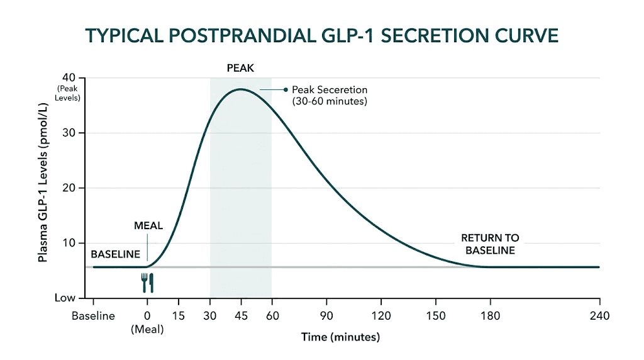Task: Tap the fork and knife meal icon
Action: pos(147,283)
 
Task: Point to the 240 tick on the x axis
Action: pos(598,316)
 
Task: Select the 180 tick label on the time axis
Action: pos(491,316)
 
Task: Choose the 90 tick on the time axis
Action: pos(326,316)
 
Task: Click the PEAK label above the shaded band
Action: pos(240,68)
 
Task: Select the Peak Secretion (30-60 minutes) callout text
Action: pos(329,95)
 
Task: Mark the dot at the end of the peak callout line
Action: pos(286,89)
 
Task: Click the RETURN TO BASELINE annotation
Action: pos(490,244)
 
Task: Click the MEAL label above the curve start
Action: pos(148,225)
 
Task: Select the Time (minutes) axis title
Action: pos(340,337)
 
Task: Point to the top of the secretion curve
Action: pos(241,89)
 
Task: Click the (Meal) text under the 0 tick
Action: pos(147,329)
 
